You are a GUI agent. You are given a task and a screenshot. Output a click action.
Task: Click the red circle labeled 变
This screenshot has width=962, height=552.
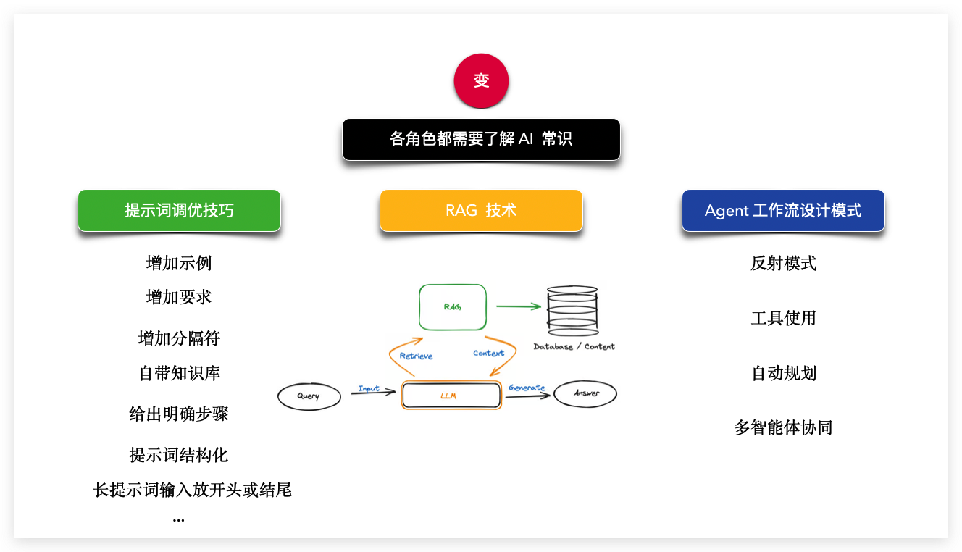pos(481,81)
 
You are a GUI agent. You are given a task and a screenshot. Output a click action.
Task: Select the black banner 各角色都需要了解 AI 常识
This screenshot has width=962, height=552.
pos(481,139)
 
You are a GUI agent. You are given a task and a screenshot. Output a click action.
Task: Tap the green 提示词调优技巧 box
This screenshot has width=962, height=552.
pos(179,211)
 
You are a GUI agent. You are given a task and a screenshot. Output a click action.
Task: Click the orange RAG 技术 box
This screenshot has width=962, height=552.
pos(481,211)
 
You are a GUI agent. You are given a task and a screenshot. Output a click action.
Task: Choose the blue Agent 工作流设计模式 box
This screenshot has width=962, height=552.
pos(783,211)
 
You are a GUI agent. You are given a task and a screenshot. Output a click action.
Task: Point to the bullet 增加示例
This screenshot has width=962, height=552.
pos(179,263)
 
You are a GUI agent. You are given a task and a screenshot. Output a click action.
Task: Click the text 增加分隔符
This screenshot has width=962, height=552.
pos(179,338)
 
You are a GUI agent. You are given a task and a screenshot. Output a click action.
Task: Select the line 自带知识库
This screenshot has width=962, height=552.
pos(179,373)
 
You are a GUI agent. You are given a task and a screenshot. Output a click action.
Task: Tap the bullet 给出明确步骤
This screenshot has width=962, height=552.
pos(179,414)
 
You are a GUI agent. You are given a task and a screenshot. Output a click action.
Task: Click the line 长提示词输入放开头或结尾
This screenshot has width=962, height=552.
pos(193,490)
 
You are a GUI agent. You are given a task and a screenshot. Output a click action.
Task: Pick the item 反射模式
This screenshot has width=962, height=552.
pos(783,263)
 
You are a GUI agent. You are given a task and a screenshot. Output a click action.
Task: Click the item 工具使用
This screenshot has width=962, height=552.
pos(783,318)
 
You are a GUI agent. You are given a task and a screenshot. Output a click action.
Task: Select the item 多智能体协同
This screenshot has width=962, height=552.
pos(783,427)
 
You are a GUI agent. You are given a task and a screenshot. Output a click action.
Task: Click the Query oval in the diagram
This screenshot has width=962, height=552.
pos(309,396)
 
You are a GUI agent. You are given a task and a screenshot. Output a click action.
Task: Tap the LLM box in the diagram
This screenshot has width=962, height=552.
pos(451,396)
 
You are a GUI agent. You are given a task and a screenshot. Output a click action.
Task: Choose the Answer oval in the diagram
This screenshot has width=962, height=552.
pos(586,393)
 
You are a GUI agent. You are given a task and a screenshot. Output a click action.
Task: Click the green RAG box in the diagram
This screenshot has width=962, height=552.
pos(453,307)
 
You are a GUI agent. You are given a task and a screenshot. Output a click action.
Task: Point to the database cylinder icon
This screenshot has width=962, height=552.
pos(572,310)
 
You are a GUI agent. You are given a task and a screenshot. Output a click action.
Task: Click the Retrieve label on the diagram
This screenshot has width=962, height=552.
pos(416,356)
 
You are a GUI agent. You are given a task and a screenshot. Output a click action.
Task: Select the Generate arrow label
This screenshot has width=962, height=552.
pos(527,388)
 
